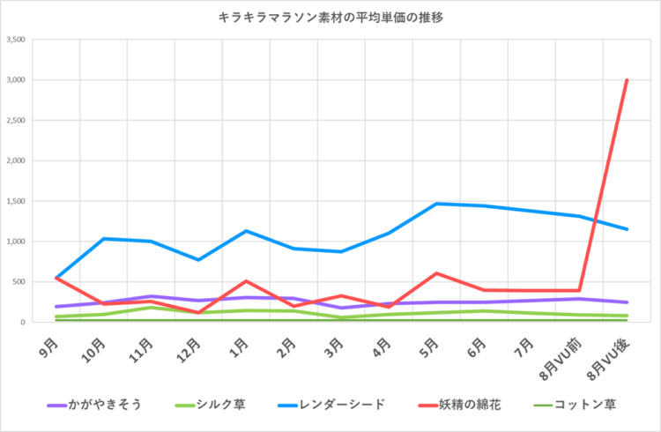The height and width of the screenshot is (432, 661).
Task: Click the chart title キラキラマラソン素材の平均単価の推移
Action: [x=330, y=17]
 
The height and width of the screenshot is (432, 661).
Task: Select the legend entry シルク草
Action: [x=221, y=405]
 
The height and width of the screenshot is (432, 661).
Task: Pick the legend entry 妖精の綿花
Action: [x=464, y=405]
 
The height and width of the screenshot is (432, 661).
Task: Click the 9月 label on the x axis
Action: [x=51, y=340]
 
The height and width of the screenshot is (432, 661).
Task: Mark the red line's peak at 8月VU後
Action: [x=627, y=80]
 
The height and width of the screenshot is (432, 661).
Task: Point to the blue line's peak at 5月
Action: [x=435, y=204]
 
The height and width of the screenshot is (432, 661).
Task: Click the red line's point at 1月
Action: [x=245, y=281]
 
